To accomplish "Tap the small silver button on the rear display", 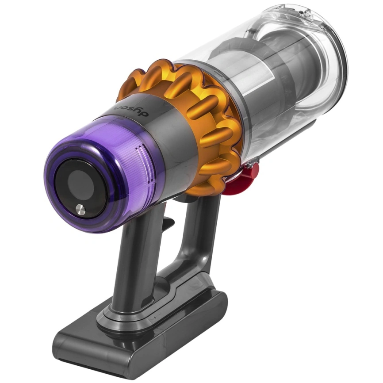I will pyautogui.click(x=80, y=209).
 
